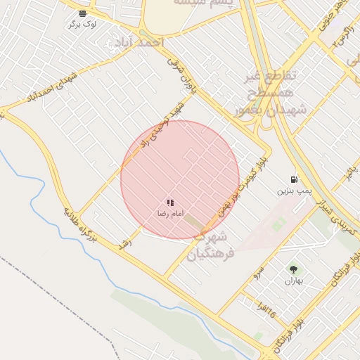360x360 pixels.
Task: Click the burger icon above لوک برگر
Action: pos(83,13)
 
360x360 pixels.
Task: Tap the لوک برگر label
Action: pos(83,24)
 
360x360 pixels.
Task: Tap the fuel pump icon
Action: pos(293,179)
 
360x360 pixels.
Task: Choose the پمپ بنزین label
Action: pos(293,191)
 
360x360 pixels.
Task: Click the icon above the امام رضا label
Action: pos(170,202)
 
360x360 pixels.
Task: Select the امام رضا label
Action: pos(170,212)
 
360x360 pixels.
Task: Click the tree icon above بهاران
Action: pos(293,269)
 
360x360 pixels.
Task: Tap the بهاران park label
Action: pos(293,281)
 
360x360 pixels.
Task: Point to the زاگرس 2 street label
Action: pos(342,35)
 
